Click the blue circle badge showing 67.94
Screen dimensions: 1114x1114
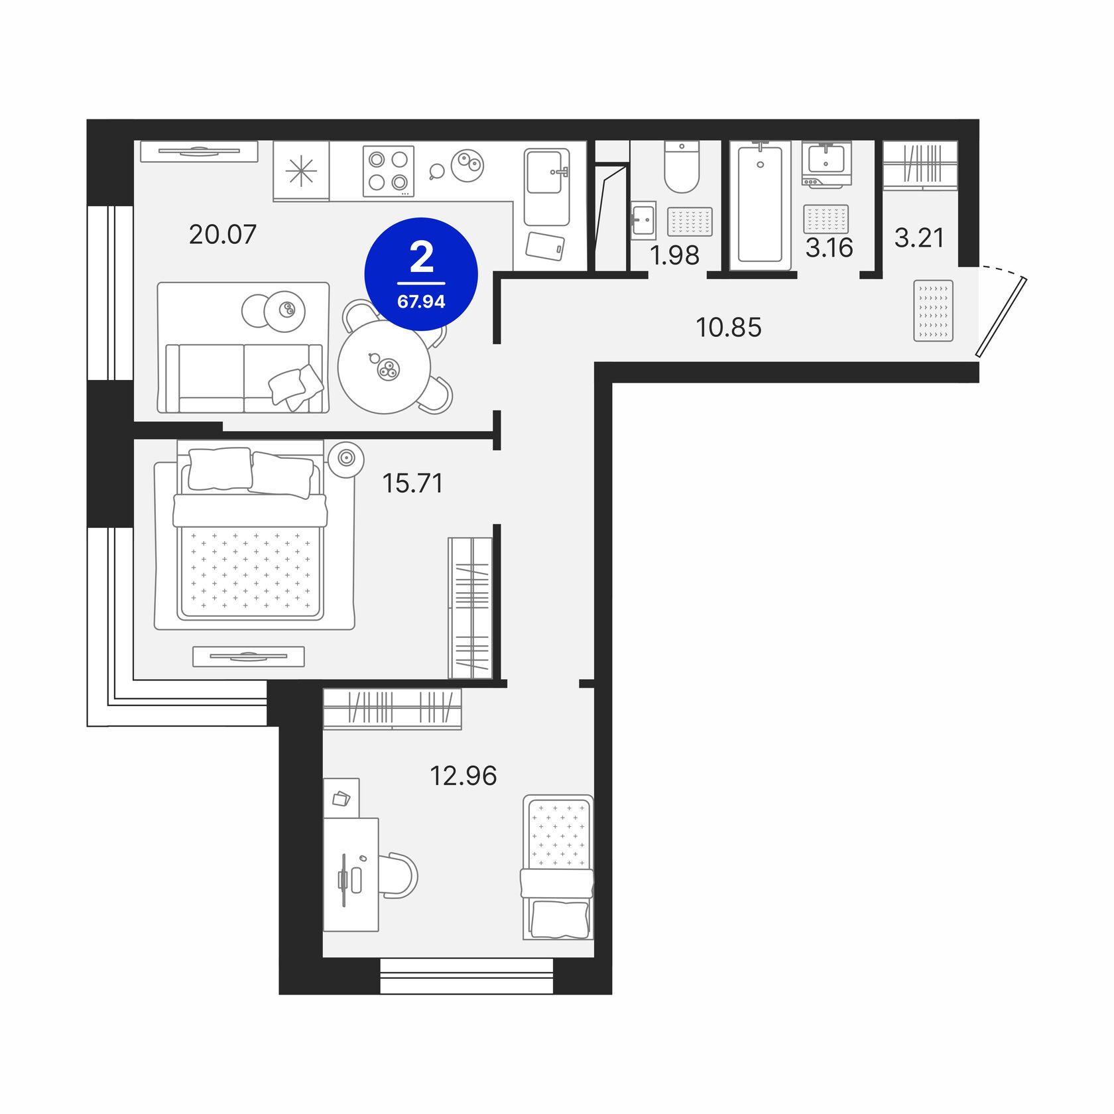421,274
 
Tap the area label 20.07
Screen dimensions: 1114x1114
222,235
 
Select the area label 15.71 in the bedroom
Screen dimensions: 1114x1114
412,483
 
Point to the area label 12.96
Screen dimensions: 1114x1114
463,775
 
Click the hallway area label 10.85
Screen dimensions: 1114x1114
728,327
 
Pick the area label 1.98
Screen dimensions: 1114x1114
674,255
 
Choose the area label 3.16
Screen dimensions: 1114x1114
829,248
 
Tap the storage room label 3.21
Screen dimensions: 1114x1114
918,237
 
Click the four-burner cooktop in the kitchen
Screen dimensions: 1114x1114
389,171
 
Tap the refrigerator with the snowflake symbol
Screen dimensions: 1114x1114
301,171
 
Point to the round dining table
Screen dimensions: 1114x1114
384,367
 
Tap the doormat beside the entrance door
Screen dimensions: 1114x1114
933,310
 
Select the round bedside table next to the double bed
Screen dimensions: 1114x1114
346,458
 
